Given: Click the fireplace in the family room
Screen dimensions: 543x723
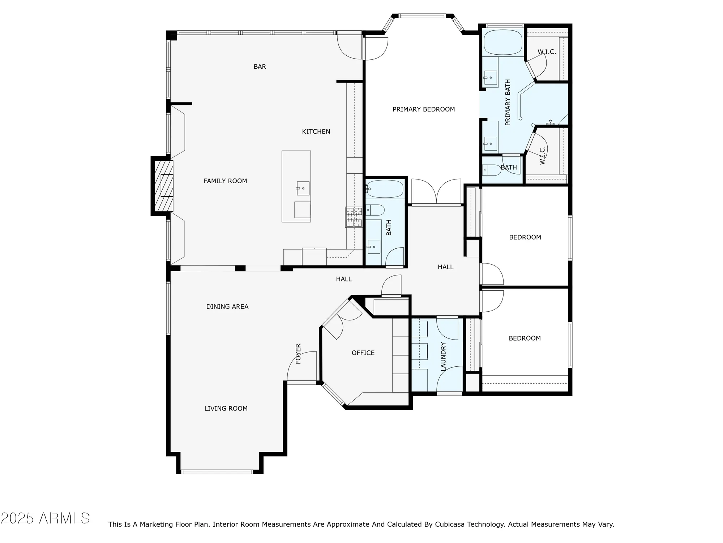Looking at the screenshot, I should pos(164,186).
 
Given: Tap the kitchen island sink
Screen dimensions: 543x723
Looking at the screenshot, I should pos(303,188).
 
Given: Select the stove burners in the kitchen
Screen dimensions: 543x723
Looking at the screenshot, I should pos(354,217).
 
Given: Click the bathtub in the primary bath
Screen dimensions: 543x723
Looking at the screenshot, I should pos(503,42).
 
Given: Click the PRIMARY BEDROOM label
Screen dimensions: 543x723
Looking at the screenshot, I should pos(424,109).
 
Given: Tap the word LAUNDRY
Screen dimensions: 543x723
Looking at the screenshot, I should pos(444,356).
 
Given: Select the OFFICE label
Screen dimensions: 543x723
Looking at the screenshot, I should pos(363,353).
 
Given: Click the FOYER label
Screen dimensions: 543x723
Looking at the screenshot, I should pos(298,354).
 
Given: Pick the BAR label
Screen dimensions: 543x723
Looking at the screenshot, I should pos(260,67).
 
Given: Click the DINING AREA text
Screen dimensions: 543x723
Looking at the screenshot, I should pos(227,307).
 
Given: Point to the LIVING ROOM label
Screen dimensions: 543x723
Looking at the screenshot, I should pos(226,408).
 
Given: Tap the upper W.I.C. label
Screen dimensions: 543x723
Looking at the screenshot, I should pos(547,52).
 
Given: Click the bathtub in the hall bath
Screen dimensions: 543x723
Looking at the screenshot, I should pos(385,189).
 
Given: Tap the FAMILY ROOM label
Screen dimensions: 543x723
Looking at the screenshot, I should pos(225,181).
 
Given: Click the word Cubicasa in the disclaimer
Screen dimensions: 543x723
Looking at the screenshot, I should pos(450,524).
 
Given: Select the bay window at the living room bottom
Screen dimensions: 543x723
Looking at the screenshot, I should pos(217,472).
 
